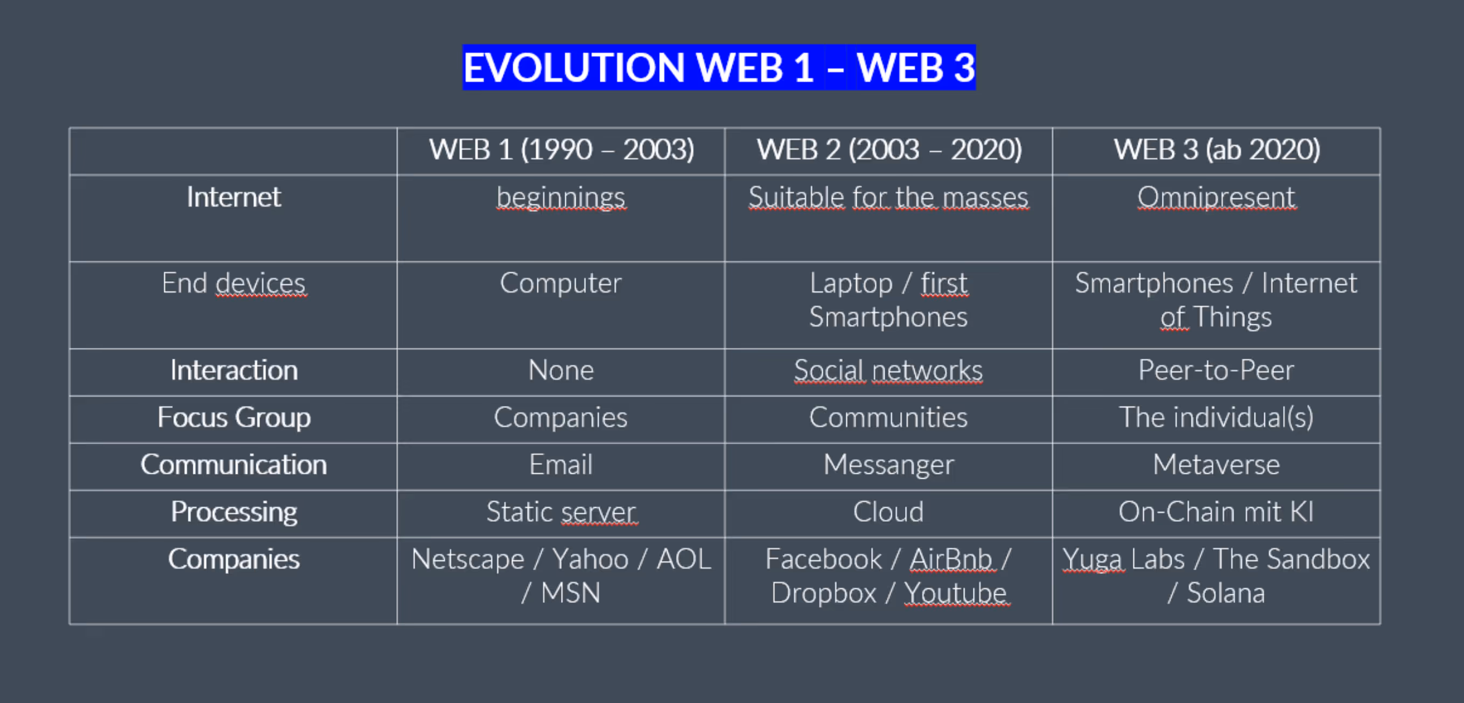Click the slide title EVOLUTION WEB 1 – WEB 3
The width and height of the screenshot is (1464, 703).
pos(719,67)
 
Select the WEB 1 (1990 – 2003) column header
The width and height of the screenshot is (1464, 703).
pos(562,150)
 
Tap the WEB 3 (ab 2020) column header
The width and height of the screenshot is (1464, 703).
pos(1217,150)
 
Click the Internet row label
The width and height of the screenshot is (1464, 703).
pos(234,197)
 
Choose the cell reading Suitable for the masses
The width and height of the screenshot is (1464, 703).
pos(888,197)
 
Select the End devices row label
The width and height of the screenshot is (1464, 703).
pos(234,283)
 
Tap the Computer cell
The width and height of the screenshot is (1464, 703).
pos(561,284)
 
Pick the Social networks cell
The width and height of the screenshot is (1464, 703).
pos(888,370)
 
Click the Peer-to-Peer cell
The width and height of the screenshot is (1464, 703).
pos(1216,370)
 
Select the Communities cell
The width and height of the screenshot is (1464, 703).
pos(888,417)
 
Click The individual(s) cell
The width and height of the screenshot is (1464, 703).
pos(1216,418)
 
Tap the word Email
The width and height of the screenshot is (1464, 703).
pos(561,465)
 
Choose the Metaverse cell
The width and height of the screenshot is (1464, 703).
pos(1216,465)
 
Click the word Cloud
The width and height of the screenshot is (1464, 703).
pos(888,512)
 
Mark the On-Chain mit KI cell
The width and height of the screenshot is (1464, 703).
pos(1216,512)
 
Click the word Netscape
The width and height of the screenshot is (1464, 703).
pos(468,559)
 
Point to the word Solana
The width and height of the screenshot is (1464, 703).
pos(1226,593)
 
